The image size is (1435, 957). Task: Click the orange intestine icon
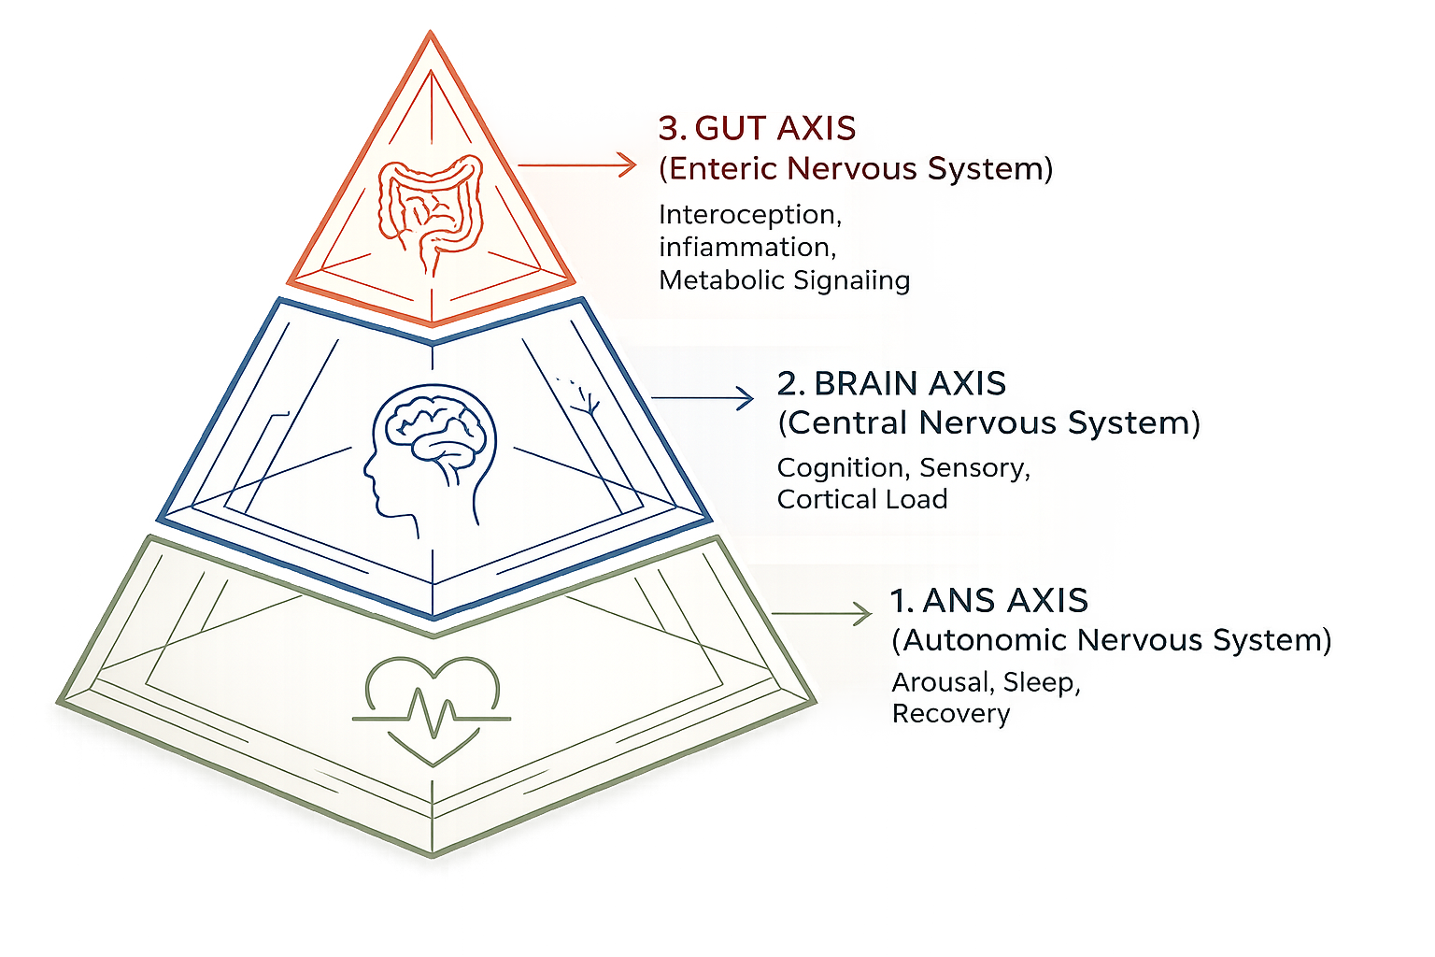pos(430,213)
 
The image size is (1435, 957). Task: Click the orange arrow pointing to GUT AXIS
pos(576,165)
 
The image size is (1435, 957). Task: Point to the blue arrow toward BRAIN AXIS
pos(702,398)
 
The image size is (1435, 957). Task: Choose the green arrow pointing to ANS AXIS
pos(821,614)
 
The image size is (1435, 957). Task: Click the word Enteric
pos(724,168)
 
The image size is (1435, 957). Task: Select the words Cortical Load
pos(861,499)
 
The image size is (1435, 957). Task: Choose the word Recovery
pos(950,714)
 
